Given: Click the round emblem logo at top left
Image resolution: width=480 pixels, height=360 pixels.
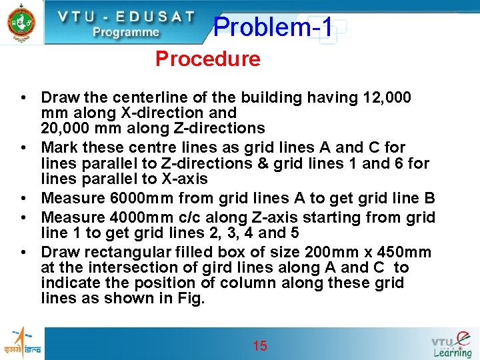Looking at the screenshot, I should (x=21, y=23).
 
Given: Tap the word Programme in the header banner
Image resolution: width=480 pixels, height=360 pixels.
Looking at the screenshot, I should (x=126, y=31).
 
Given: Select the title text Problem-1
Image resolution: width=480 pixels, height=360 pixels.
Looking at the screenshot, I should (x=273, y=27).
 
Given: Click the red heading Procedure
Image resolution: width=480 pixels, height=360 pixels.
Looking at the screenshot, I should (x=207, y=59).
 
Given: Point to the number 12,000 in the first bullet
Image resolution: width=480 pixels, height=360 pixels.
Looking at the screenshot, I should (x=387, y=98).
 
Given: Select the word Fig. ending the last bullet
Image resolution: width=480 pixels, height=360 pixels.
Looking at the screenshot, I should (x=191, y=299).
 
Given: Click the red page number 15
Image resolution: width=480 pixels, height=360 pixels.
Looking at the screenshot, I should (x=260, y=345).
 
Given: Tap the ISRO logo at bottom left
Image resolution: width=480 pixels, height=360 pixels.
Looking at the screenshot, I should (x=23, y=341).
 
